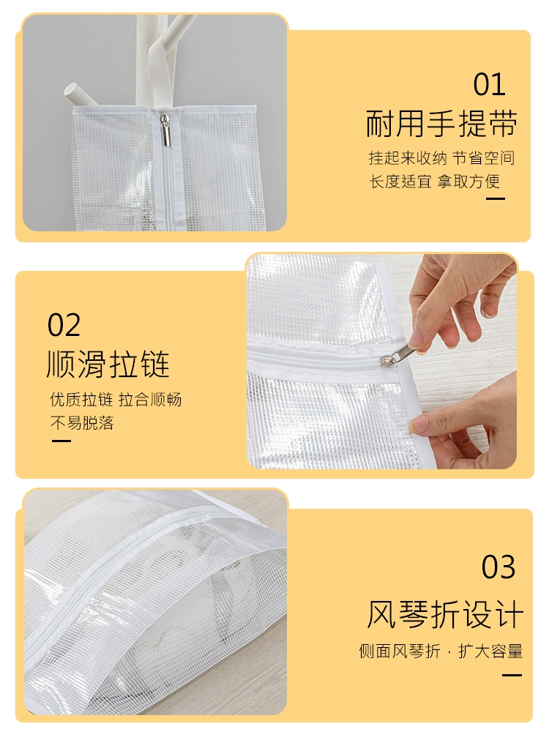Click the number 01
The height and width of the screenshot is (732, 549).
coord(489,84)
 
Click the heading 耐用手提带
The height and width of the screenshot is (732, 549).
coord(441,124)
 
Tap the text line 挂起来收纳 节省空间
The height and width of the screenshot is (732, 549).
coord(441,158)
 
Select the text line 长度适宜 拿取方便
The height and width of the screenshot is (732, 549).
coord(435,181)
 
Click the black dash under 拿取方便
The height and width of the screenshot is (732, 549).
coord(496,198)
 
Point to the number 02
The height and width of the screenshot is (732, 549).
coord(64,325)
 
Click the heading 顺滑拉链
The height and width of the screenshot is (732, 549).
coord(108,364)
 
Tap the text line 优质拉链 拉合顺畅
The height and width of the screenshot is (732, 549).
coord(116,400)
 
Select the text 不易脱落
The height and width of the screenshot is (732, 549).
coord(82,423)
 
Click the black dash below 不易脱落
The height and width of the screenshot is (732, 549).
coord(61,440)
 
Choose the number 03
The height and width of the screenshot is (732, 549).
coord(498,567)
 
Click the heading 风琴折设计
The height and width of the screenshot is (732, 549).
coord(445,614)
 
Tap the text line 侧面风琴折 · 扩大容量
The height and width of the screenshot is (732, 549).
coord(441,651)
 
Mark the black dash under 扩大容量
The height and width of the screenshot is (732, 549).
coord(512,675)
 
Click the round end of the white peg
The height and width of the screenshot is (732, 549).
coord(72,91)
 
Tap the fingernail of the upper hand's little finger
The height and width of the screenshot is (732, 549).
coord(488,311)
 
